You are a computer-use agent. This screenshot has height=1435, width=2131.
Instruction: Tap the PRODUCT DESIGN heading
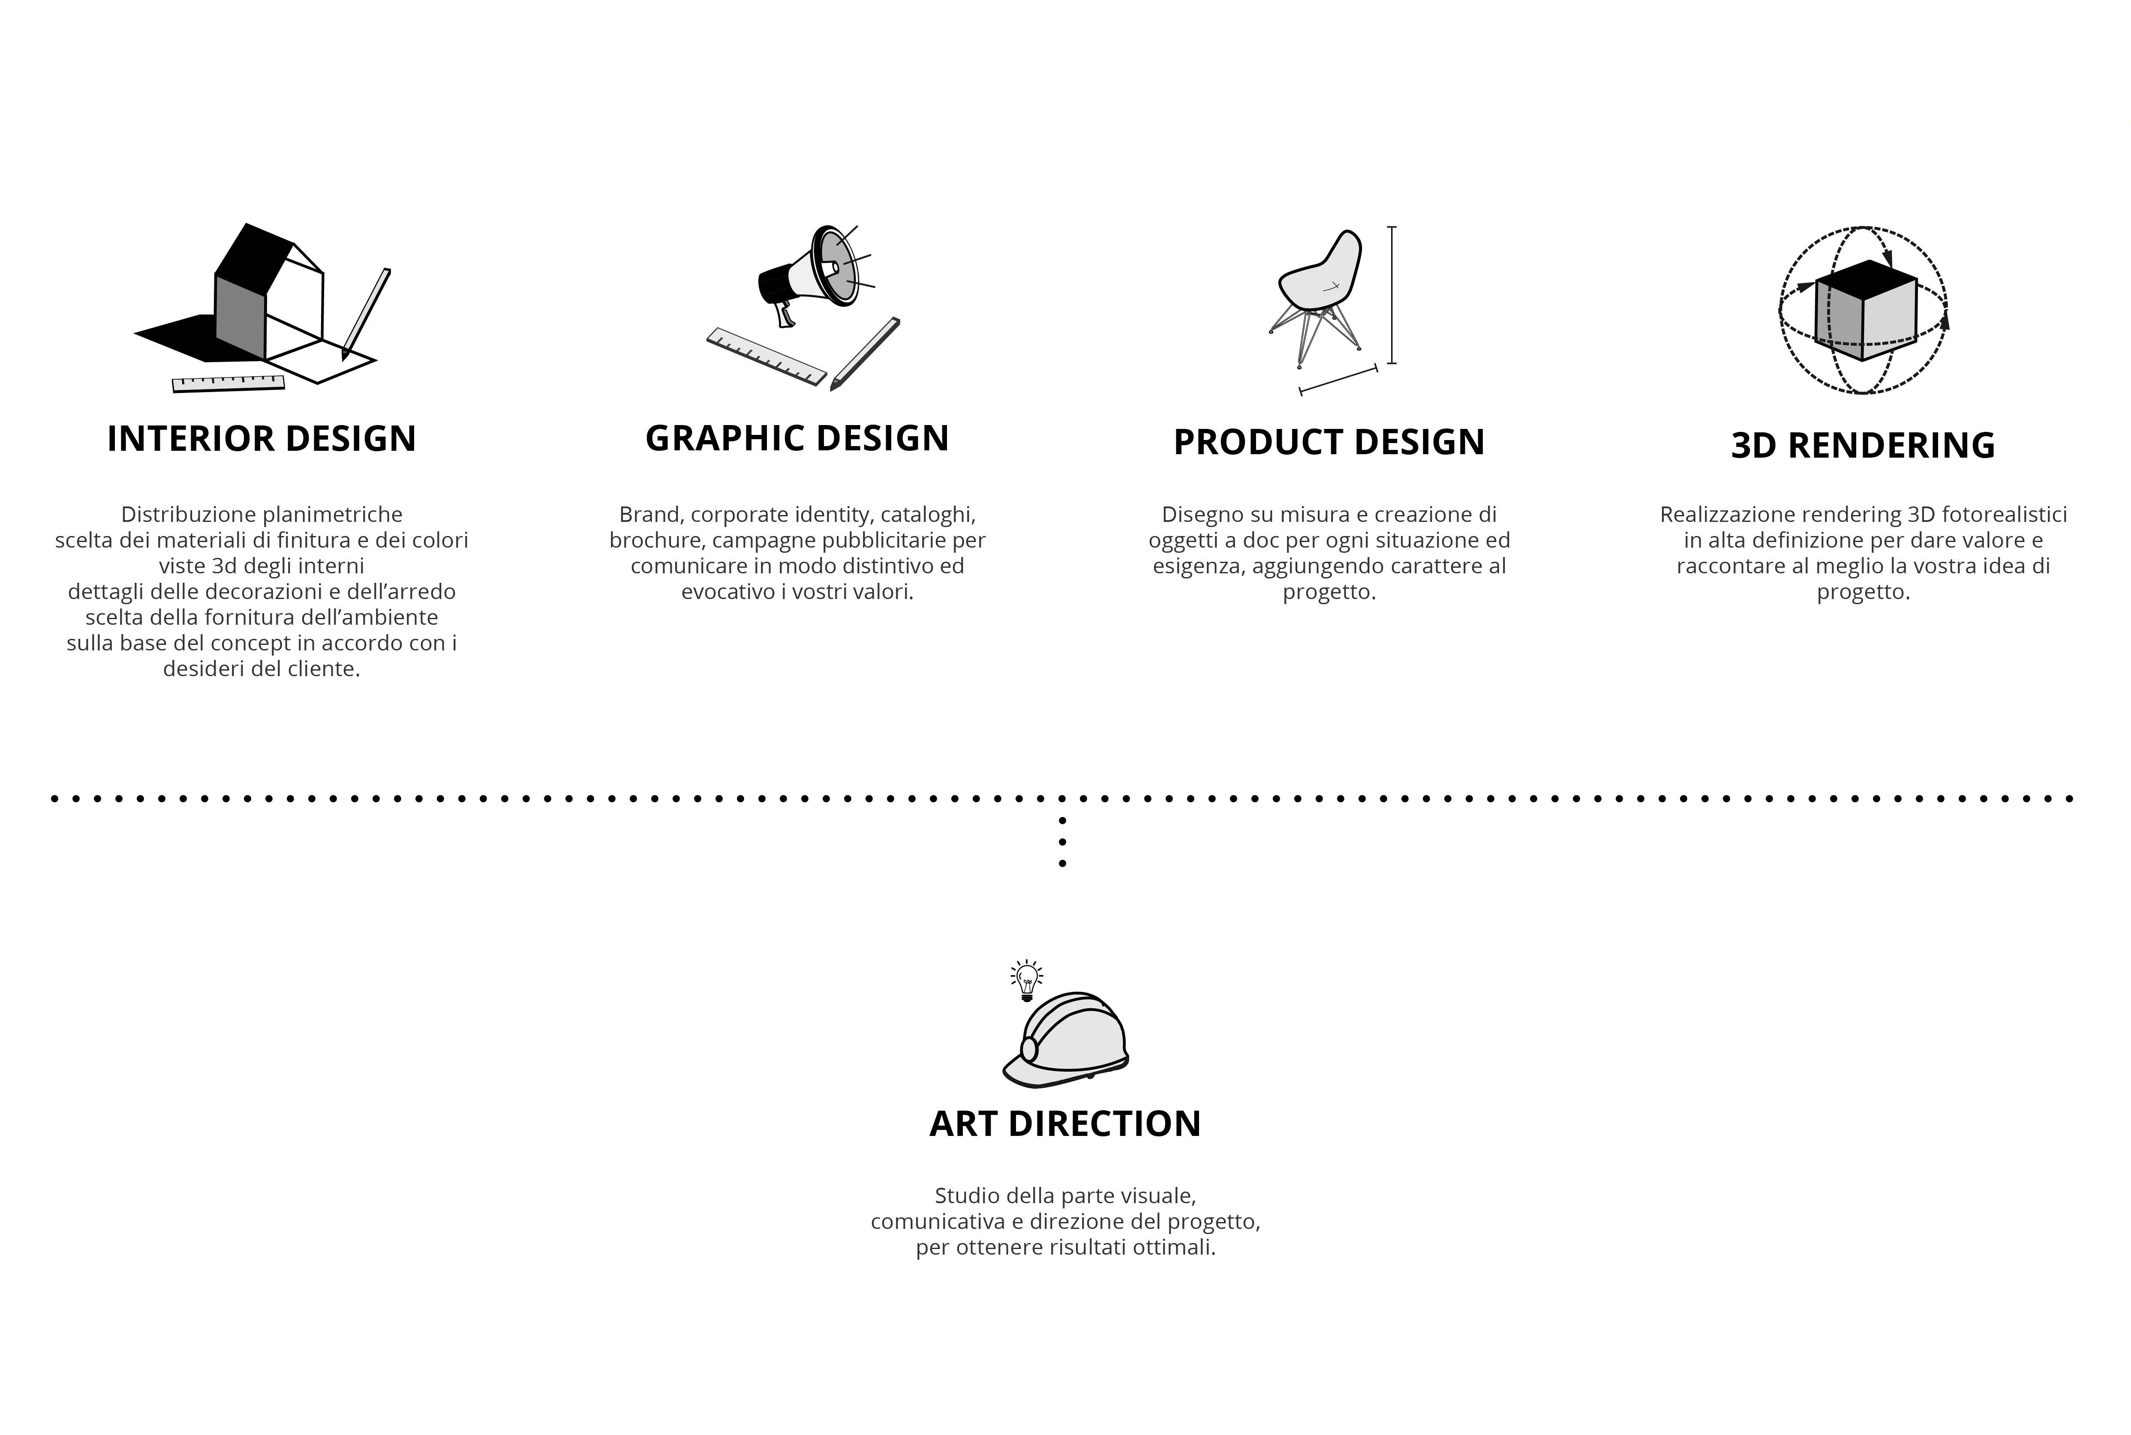pyautogui.click(x=1329, y=442)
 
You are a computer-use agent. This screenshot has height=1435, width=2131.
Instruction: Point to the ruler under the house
pyautogui.click(x=228, y=383)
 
